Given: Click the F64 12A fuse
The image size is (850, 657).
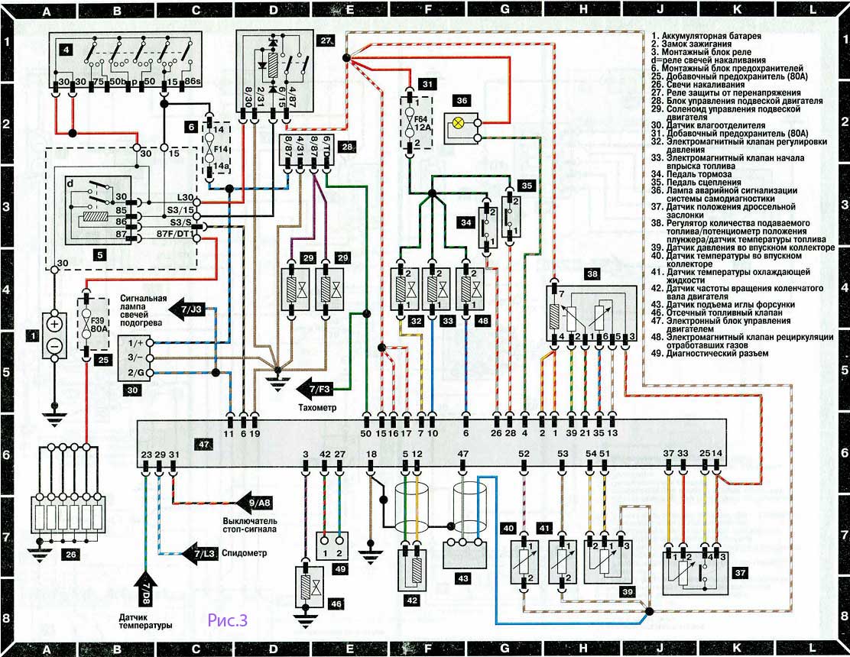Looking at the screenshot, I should click(410, 124).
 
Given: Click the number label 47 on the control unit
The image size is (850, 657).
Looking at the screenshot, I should click(202, 442).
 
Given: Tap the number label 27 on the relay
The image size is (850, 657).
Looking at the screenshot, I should click(326, 40).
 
